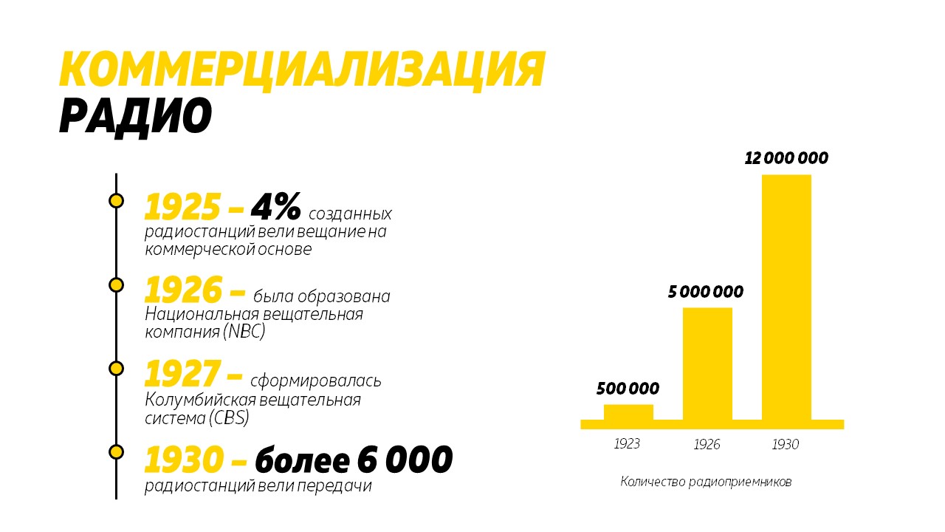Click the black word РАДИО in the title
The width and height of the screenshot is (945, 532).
[x=135, y=116]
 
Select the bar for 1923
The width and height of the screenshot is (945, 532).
[x=628, y=412]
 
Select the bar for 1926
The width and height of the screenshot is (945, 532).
[x=707, y=364]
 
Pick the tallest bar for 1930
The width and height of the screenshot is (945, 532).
[x=786, y=297]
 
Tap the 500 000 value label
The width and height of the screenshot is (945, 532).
[x=628, y=389]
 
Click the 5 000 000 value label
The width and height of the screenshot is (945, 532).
[x=706, y=292]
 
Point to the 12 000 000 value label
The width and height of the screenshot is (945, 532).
[x=786, y=158]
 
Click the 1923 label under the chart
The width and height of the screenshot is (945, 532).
[x=627, y=444]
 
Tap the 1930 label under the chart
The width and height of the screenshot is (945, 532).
[x=786, y=445]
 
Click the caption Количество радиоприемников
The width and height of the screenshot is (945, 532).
[x=706, y=482]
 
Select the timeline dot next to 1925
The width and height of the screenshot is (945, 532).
[x=116, y=200]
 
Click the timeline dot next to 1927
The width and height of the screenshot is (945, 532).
[x=116, y=368]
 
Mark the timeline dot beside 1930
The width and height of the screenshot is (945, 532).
[x=116, y=451]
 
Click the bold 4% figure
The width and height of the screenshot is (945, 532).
[x=276, y=208]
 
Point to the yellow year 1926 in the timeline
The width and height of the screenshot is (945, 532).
[x=182, y=291]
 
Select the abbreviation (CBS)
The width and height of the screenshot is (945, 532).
[x=228, y=418]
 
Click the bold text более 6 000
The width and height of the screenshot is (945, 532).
[x=354, y=460]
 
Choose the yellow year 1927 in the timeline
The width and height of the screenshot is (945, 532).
[x=182, y=375]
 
